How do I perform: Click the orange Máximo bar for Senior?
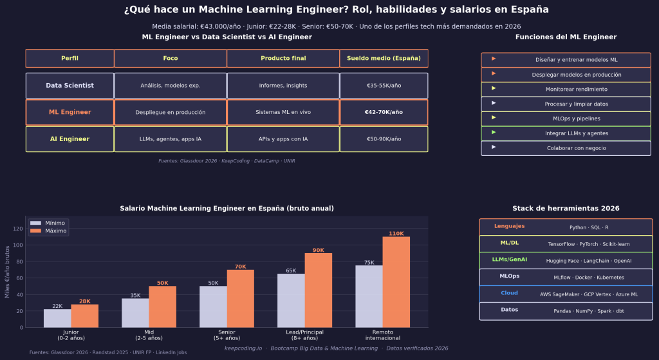(x=240, y=298)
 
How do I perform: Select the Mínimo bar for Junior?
(x=57, y=318)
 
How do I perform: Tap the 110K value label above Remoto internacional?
(x=396, y=233)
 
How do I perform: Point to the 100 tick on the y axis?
(x=18, y=245)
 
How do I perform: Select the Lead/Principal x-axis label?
(x=304, y=334)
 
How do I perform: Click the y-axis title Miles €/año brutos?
(x=7, y=271)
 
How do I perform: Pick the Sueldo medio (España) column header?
(x=384, y=59)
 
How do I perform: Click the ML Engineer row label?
(x=70, y=112)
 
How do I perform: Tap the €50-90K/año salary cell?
(x=384, y=139)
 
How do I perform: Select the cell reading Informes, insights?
(x=283, y=86)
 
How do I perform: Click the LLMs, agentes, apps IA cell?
(x=170, y=139)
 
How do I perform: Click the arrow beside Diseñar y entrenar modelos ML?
(x=494, y=59)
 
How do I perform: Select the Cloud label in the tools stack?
(x=509, y=293)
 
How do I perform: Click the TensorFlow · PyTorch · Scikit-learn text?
(x=588, y=244)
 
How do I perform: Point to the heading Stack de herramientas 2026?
(x=566, y=209)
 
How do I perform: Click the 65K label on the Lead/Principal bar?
(x=291, y=270)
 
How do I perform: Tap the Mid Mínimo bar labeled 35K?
(x=135, y=312)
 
